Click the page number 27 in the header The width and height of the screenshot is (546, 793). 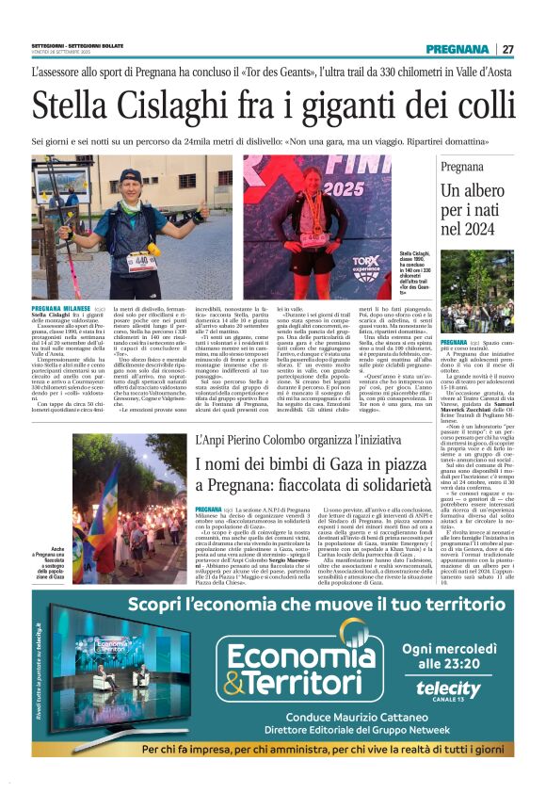coord(506,49)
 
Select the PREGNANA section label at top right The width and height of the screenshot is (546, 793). coord(457,49)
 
